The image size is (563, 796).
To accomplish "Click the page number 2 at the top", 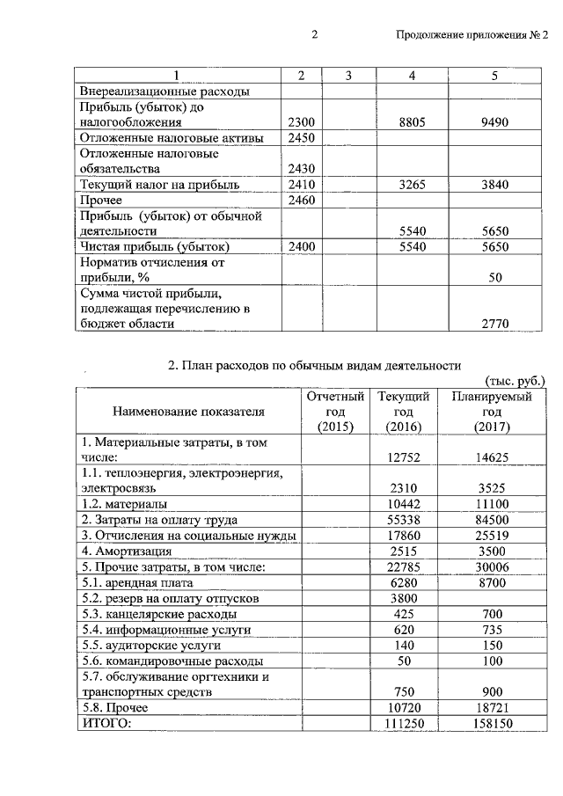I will [x=313, y=35].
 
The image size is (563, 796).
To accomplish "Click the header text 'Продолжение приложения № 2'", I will [x=472, y=35].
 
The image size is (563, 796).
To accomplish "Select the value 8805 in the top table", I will [x=412, y=123].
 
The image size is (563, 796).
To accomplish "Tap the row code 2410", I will [x=301, y=185].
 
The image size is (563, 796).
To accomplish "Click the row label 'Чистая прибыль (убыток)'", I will [x=155, y=247].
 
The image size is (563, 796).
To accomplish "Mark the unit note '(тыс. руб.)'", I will [x=515, y=381].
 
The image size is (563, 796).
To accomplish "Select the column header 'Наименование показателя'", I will [x=188, y=412].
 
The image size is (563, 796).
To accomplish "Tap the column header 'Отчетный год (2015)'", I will [x=334, y=412].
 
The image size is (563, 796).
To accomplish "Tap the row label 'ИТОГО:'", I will [x=106, y=723].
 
